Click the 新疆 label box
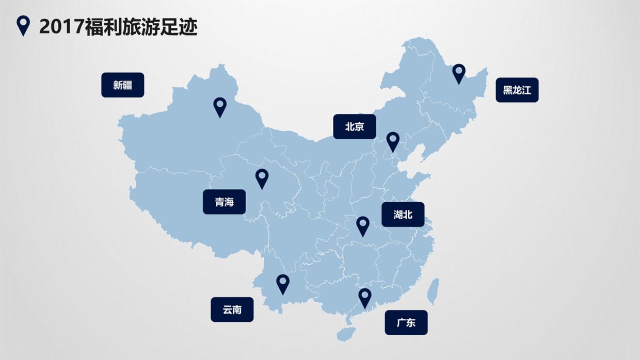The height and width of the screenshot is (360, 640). [x=122, y=85]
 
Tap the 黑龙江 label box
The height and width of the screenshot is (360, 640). [x=517, y=90]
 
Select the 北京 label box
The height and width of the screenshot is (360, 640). [x=354, y=126]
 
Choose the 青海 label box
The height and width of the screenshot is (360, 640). [x=224, y=202]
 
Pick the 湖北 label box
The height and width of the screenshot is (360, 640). [x=403, y=215]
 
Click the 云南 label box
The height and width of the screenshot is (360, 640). [x=232, y=309]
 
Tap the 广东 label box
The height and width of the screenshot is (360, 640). [x=406, y=323]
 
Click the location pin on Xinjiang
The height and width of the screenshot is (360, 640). [x=220, y=106]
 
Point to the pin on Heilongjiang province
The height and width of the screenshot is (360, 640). [x=458, y=73]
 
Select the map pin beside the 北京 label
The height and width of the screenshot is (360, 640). [x=393, y=141]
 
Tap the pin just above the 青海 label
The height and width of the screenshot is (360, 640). [x=262, y=177]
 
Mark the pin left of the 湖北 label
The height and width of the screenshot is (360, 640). [x=363, y=225]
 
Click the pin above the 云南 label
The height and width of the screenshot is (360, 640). [x=282, y=283]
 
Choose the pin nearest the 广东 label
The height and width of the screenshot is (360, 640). [x=365, y=297]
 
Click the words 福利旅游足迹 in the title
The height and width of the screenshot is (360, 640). [x=141, y=27]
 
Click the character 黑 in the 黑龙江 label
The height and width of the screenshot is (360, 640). [x=507, y=90]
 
